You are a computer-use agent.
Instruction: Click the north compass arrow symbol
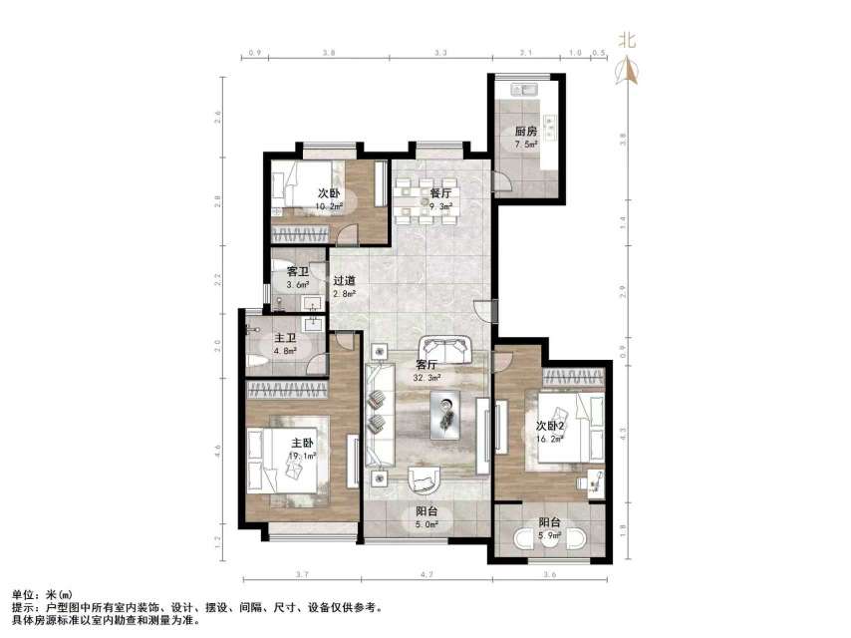tap(628, 69)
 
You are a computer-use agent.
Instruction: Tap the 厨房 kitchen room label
tap(526, 132)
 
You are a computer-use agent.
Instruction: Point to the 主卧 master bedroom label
tap(303, 444)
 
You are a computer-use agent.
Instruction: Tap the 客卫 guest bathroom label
tap(297, 271)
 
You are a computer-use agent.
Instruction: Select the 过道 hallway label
tap(344, 281)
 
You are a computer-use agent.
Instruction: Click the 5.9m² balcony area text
tap(549, 535)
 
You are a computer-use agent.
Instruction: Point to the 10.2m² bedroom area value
tap(329, 207)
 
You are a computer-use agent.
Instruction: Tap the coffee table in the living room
tap(446, 412)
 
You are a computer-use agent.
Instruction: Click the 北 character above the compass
tap(628, 40)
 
